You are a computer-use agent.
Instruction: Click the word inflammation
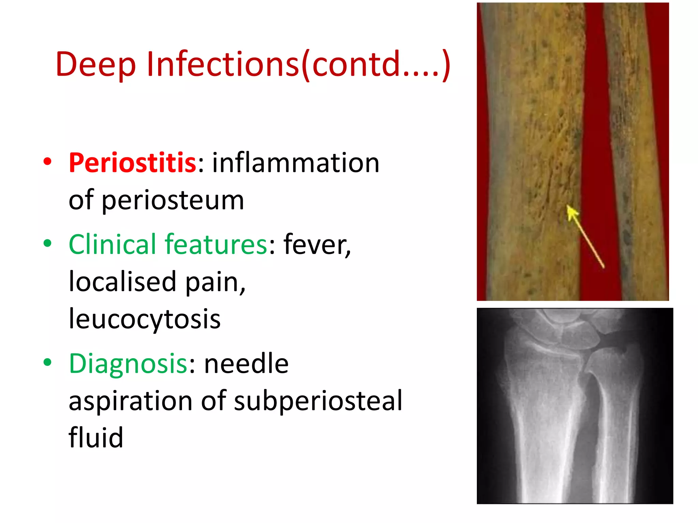point(295,163)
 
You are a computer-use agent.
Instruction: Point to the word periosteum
point(173,200)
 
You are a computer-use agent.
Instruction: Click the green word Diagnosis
point(128,363)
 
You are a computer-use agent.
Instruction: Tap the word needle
point(246,363)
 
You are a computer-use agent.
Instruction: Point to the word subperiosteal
point(318,401)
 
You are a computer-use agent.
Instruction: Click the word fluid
point(96,438)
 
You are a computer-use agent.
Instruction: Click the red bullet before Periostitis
point(47,162)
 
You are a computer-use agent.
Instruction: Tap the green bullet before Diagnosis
point(47,362)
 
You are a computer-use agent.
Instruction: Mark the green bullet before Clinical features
point(47,243)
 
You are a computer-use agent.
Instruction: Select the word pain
point(215,282)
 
